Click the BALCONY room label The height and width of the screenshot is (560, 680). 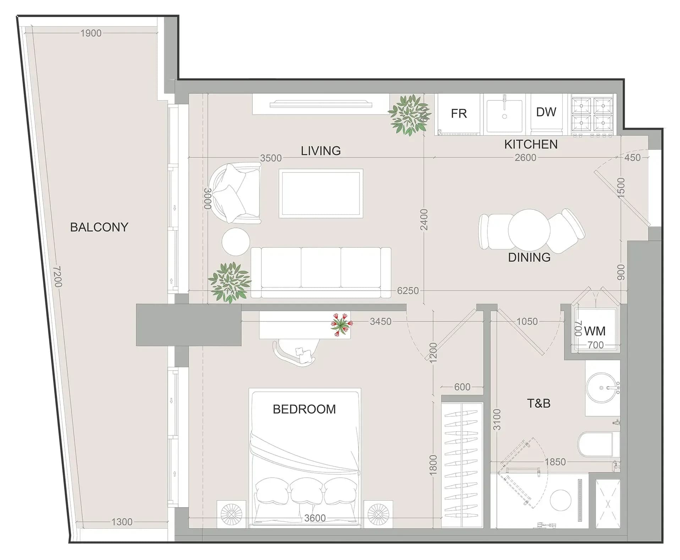[99, 227]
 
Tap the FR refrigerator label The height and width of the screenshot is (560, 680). [459, 114]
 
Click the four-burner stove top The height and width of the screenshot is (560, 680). [592, 114]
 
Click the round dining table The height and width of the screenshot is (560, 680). [529, 230]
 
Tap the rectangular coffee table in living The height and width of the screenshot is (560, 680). [321, 193]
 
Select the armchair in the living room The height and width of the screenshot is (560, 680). [235, 193]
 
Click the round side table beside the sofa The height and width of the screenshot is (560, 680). [236, 241]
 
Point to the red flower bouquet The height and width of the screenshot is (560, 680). [341, 324]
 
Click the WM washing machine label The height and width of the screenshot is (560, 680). [595, 331]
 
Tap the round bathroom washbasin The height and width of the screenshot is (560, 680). [602, 388]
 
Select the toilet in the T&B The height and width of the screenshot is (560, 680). [598, 444]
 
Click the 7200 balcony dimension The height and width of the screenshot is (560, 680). [57, 276]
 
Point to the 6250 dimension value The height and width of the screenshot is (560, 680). [408, 291]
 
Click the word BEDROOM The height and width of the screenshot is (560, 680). [304, 409]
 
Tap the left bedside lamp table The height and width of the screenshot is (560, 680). [231, 514]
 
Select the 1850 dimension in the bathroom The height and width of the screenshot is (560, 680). [555, 462]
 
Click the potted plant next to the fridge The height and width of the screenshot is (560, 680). [409, 115]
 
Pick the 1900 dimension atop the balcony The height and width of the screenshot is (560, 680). [91, 33]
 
